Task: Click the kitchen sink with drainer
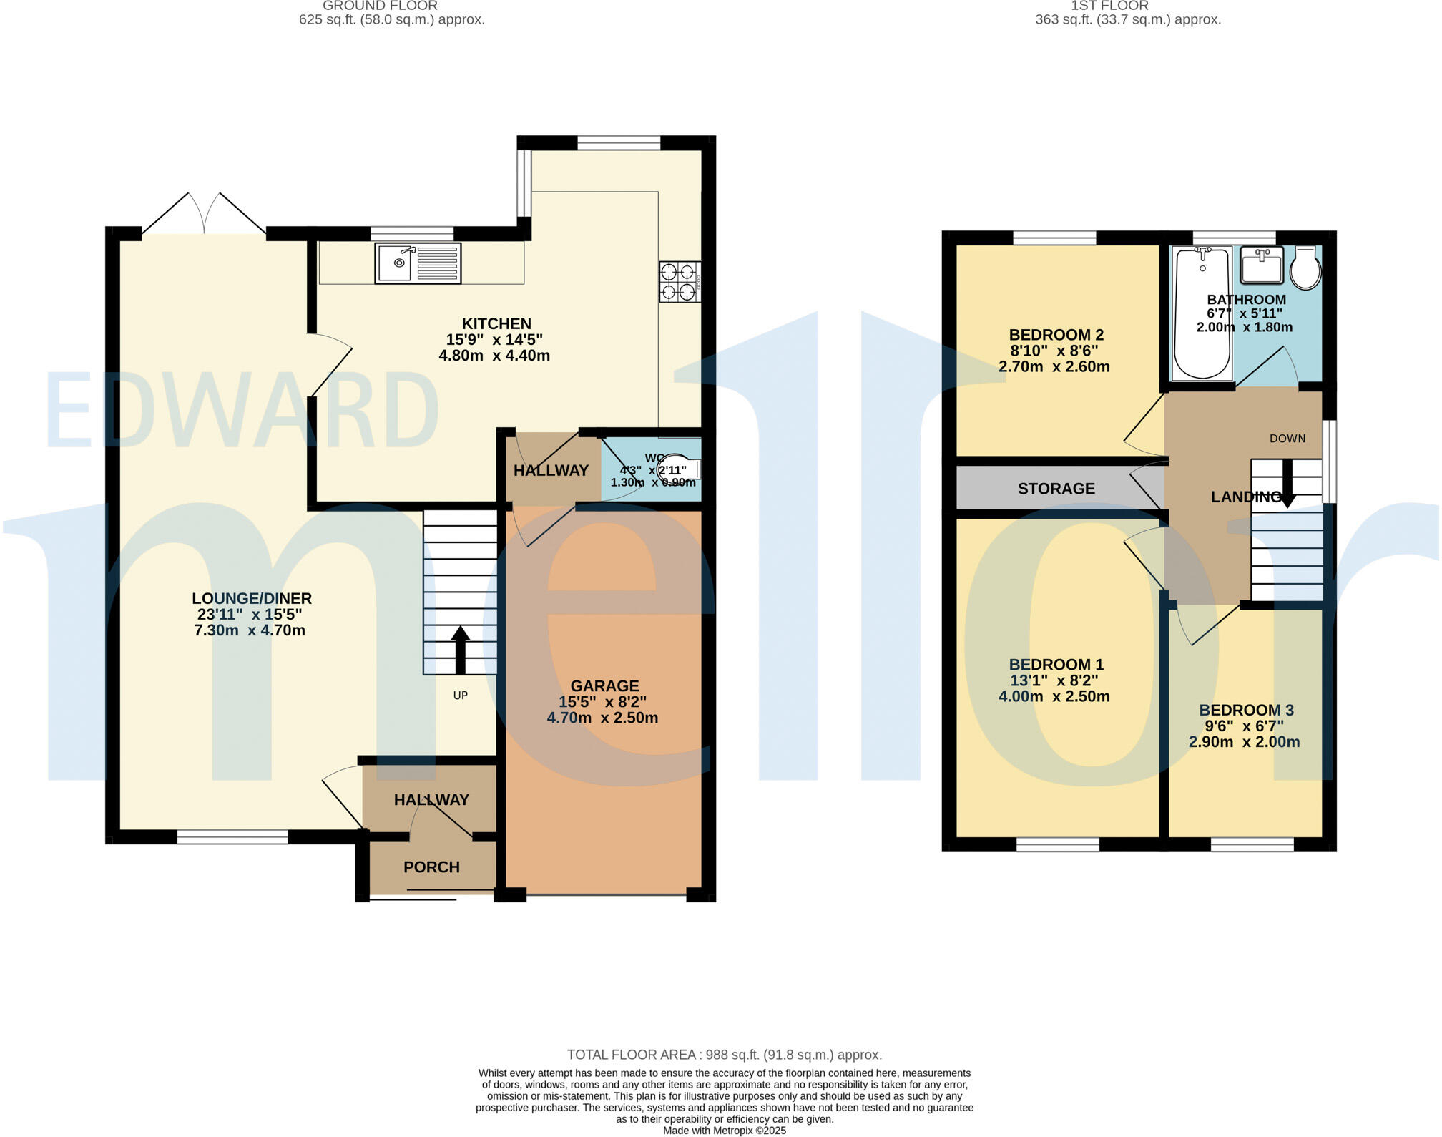coord(418,263)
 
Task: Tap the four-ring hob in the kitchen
coord(679,281)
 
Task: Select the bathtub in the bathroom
coord(1202,313)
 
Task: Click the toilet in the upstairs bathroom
coord(1305,269)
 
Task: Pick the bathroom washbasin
coord(1263,265)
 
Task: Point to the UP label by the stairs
coord(460,696)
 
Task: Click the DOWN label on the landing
coord(1287,439)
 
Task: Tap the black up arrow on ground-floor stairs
coord(460,650)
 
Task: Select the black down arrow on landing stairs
coord(1287,484)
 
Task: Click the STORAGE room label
coord(1056,489)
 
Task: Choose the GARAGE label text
coord(604,685)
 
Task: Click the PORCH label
coord(431,867)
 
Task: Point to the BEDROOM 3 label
coord(1246,711)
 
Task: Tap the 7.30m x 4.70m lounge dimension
coord(250,630)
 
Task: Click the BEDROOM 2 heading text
coord(1056,335)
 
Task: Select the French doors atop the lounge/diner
coord(205,214)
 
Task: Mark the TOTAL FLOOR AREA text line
coord(724,1055)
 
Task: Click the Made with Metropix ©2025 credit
coord(724,1131)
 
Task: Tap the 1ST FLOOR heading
coord(1109,6)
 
